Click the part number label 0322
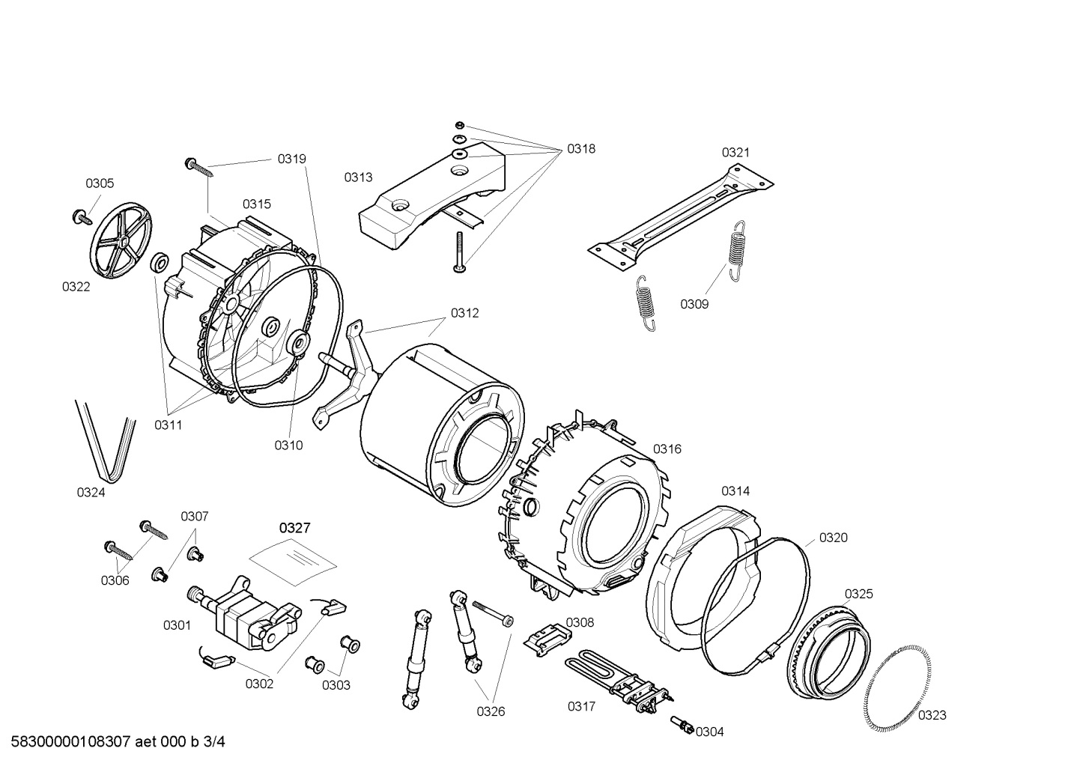click(76, 286)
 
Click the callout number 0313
click(358, 177)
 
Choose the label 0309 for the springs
click(694, 304)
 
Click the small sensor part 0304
click(682, 724)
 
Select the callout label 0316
click(667, 449)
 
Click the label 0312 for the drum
click(464, 313)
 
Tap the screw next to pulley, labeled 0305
click(79, 218)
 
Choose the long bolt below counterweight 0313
click(458, 252)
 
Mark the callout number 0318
click(580, 148)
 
